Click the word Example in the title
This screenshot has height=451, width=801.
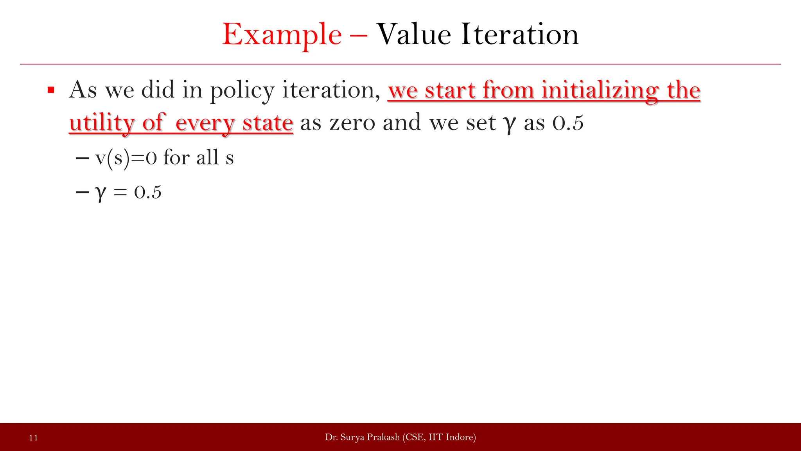pyautogui.click(x=282, y=35)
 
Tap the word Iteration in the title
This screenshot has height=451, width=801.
pyautogui.click(x=520, y=34)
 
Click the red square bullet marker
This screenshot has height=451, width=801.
pyautogui.click(x=50, y=90)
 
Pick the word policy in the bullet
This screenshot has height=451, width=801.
pyautogui.click(x=242, y=90)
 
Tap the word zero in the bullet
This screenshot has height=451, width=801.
pyautogui.click(x=352, y=123)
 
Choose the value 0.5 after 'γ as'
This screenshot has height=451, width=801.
pyautogui.click(x=568, y=123)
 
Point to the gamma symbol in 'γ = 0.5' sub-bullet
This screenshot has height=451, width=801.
pyautogui.click(x=101, y=193)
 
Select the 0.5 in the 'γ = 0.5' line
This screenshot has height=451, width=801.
pyautogui.click(x=147, y=193)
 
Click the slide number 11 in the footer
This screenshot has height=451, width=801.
pyautogui.click(x=34, y=438)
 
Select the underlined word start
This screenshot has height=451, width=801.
pyautogui.click(x=450, y=90)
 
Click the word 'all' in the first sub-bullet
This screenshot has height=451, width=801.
pyautogui.click(x=207, y=158)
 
